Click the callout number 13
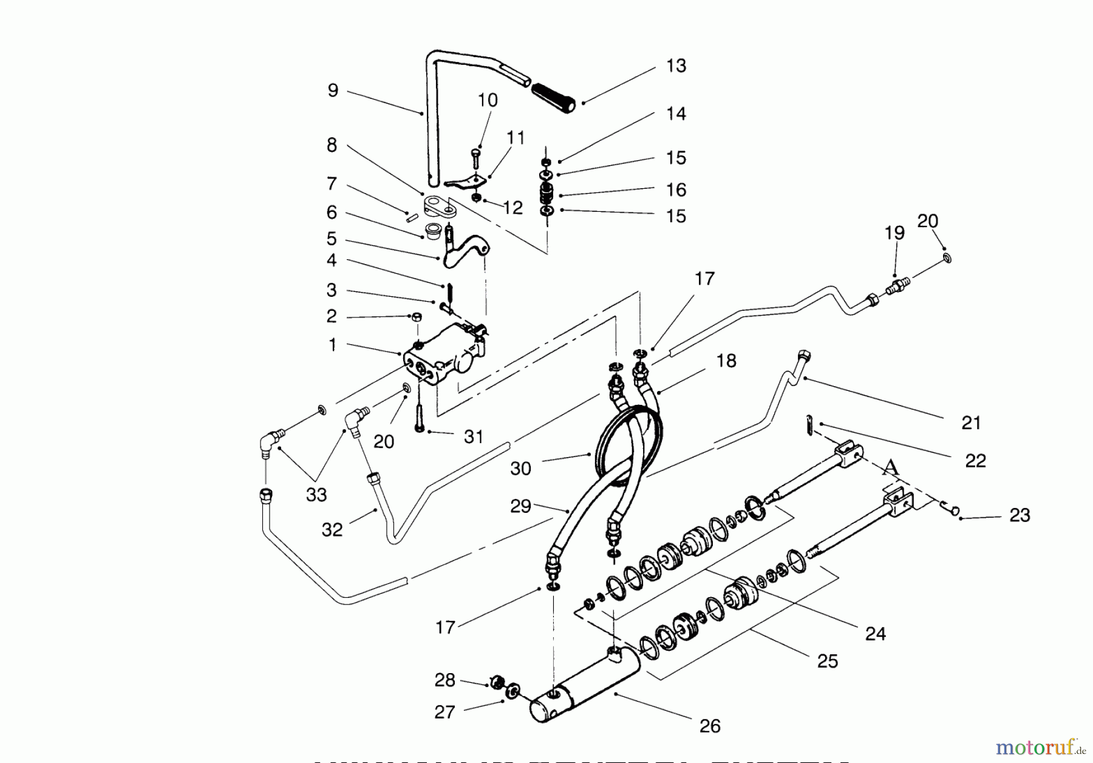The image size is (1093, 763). [676, 66]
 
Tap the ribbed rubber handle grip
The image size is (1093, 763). [553, 98]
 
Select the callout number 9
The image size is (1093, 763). [333, 90]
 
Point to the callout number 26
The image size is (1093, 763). [709, 725]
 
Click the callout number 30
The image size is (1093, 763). [520, 468]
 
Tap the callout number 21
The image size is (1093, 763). [971, 422]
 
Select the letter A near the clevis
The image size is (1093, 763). [890, 467]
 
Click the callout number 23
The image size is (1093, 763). [1020, 515]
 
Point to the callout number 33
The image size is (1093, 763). [316, 495]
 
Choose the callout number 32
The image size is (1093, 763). [332, 529]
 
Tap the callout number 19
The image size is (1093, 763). [894, 232]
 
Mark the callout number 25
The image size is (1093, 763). [828, 660]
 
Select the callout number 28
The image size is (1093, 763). [444, 680]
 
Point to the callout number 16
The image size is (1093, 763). [676, 189]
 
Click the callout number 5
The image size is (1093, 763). [331, 238]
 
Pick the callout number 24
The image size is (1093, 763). [875, 634]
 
